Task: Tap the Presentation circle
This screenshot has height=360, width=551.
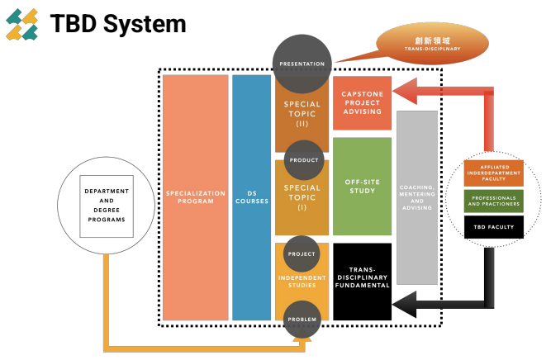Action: (302, 63)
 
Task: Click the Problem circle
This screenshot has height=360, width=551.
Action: (302, 318)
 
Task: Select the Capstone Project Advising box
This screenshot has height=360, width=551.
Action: (362, 102)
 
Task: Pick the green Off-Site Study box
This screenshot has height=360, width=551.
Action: (362, 187)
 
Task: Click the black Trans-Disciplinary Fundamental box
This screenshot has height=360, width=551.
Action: (362, 281)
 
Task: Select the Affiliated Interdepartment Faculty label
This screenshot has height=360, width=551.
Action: (493, 173)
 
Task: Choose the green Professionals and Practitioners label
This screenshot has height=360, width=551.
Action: (493, 201)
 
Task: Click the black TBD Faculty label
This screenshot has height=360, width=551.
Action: (493, 227)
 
